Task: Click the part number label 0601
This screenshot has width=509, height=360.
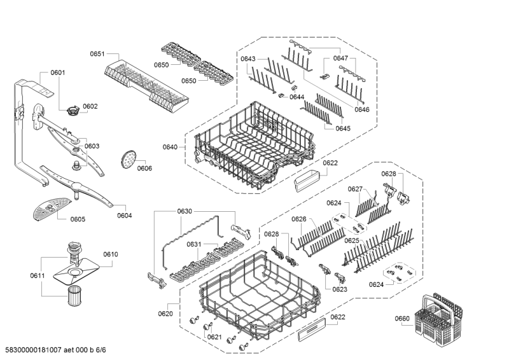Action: tap(58, 73)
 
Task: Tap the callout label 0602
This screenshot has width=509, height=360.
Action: tap(90, 106)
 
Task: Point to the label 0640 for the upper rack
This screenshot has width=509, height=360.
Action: tap(170, 147)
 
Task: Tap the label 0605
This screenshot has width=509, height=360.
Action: tap(78, 219)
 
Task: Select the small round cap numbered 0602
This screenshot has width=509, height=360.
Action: tap(73, 111)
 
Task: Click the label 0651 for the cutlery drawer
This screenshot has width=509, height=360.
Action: tap(97, 54)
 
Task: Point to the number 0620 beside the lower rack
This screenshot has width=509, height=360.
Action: tap(165, 314)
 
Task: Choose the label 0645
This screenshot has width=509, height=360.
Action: tap(343, 128)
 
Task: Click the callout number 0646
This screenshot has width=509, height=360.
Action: tap(362, 109)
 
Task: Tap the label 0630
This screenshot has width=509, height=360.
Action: tap(185, 211)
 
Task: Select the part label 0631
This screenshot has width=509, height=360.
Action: tap(194, 244)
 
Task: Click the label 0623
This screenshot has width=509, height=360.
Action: tap(340, 289)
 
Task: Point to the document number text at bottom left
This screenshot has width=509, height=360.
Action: tap(53, 350)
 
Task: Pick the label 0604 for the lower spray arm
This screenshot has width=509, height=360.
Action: tap(125, 215)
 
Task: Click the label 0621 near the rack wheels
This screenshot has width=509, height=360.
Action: tap(214, 337)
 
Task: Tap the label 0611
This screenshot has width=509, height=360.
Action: tap(38, 275)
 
